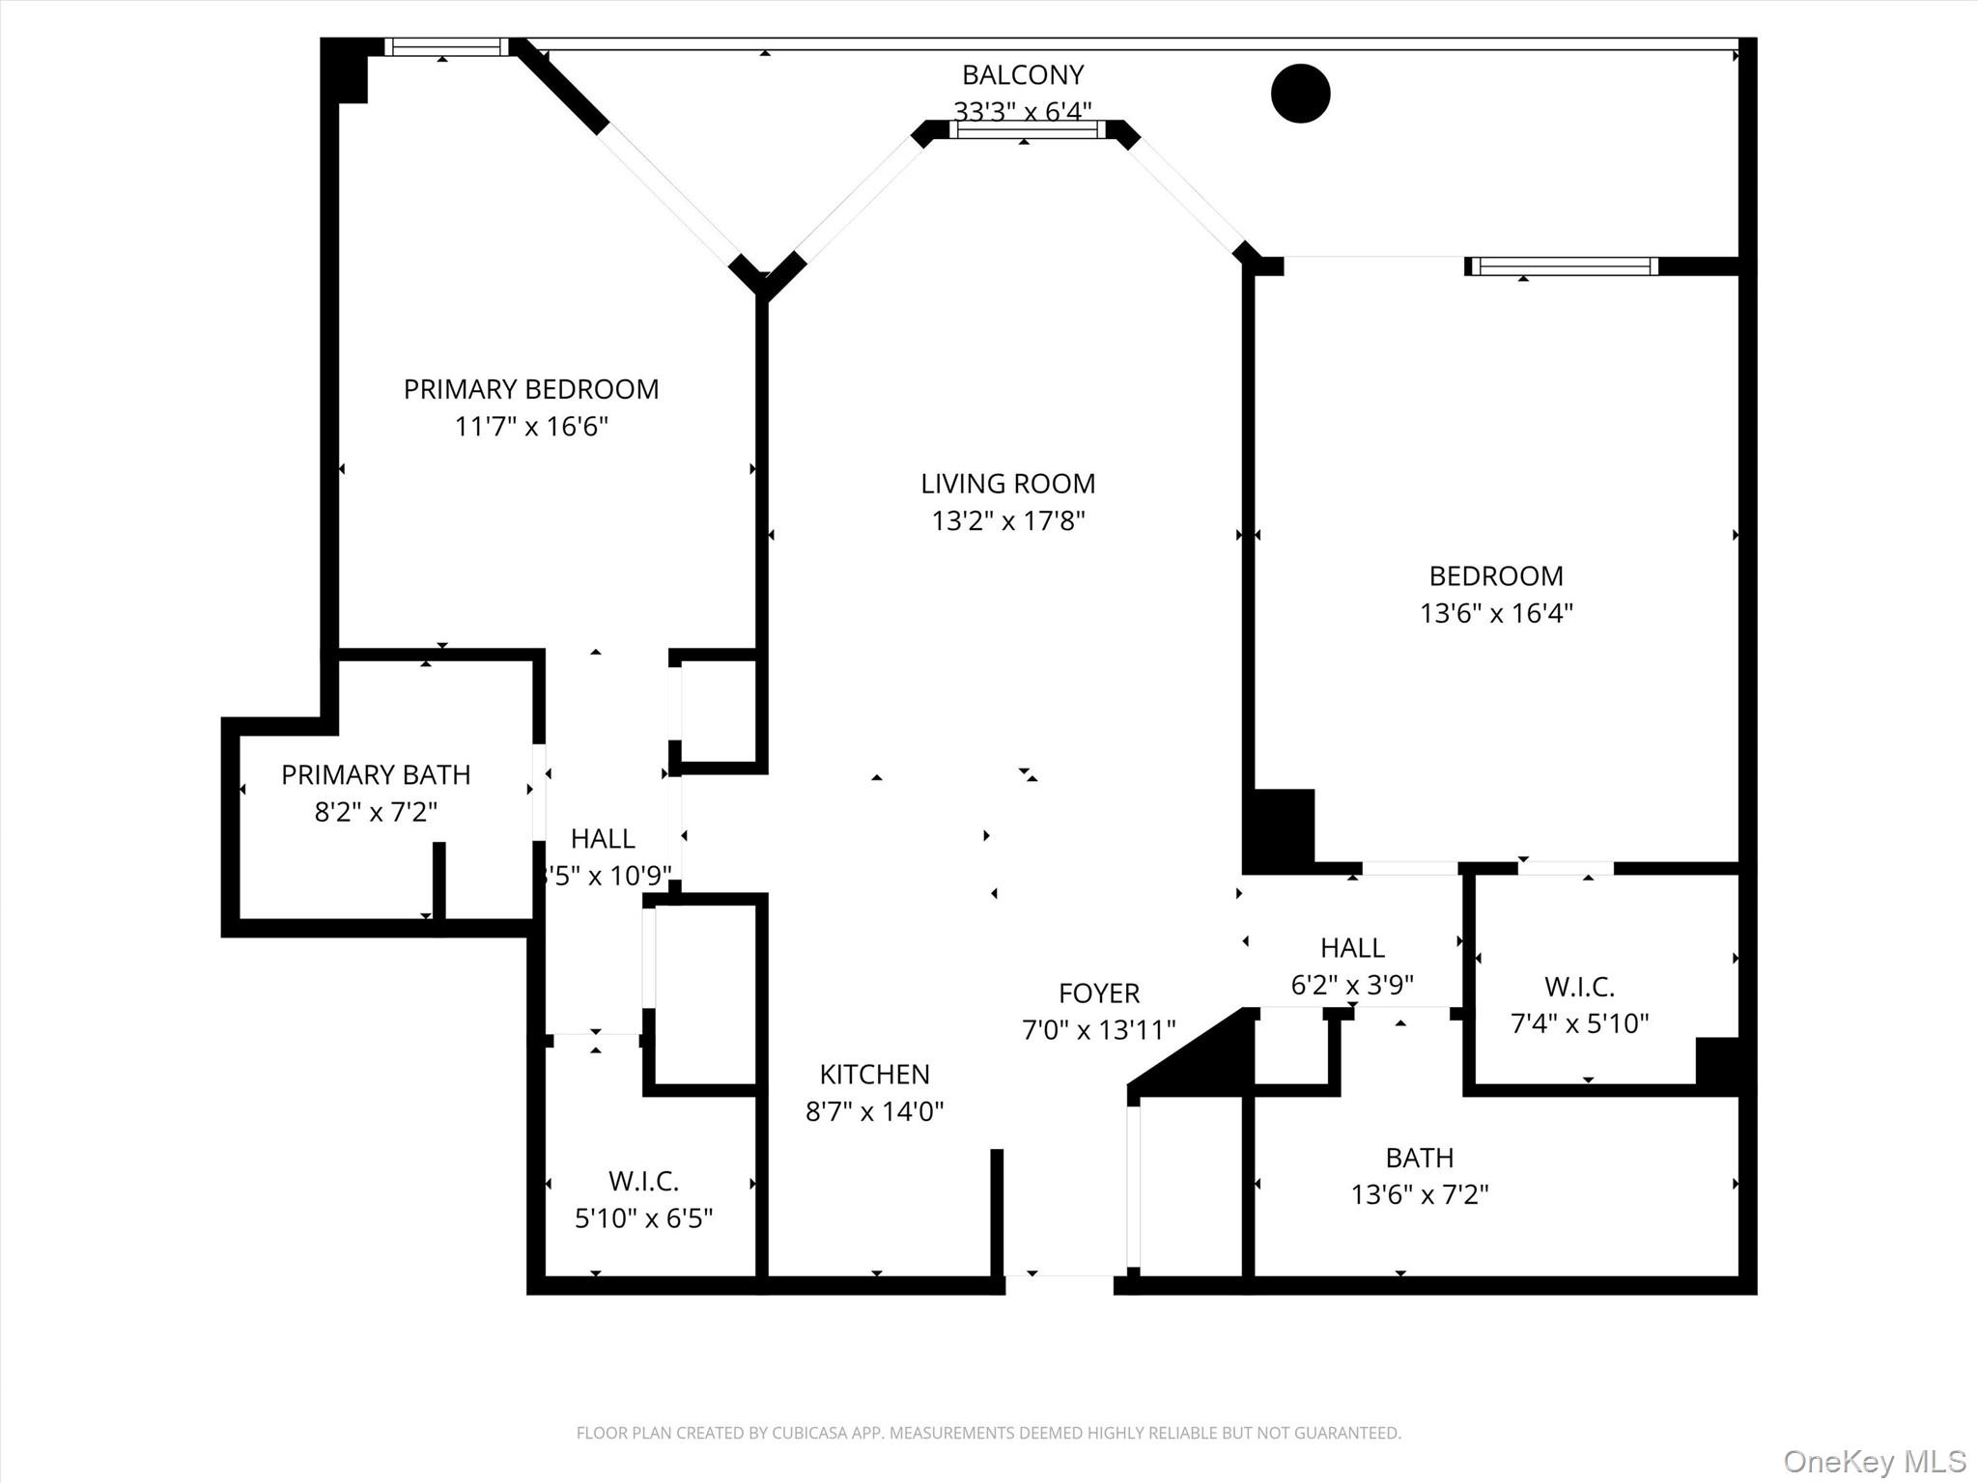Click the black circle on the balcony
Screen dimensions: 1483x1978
(1300, 94)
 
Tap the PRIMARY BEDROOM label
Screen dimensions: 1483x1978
(530, 389)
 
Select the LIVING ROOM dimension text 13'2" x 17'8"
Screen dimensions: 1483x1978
(1007, 521)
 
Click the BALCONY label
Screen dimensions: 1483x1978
(1022, 74)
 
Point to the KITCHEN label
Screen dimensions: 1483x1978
(874, 1074)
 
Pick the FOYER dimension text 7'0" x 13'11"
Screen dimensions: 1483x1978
(1098, 1030)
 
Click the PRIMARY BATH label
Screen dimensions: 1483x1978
(376, 774)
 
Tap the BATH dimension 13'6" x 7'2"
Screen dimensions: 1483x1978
(1419, 1194)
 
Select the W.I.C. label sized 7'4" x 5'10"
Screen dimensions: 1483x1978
(1579, 987)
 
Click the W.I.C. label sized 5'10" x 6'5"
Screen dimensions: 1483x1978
(643, 1181)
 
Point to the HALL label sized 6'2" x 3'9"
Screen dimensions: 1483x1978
(1352, 947)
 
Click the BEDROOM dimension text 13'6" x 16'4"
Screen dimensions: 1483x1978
(1495, 613)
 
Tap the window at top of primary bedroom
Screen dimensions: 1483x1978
(446, 47)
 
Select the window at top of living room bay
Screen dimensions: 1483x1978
(1026, 130)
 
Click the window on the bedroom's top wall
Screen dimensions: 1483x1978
(1563, 266)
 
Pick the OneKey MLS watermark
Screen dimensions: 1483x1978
(1874, 1461)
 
